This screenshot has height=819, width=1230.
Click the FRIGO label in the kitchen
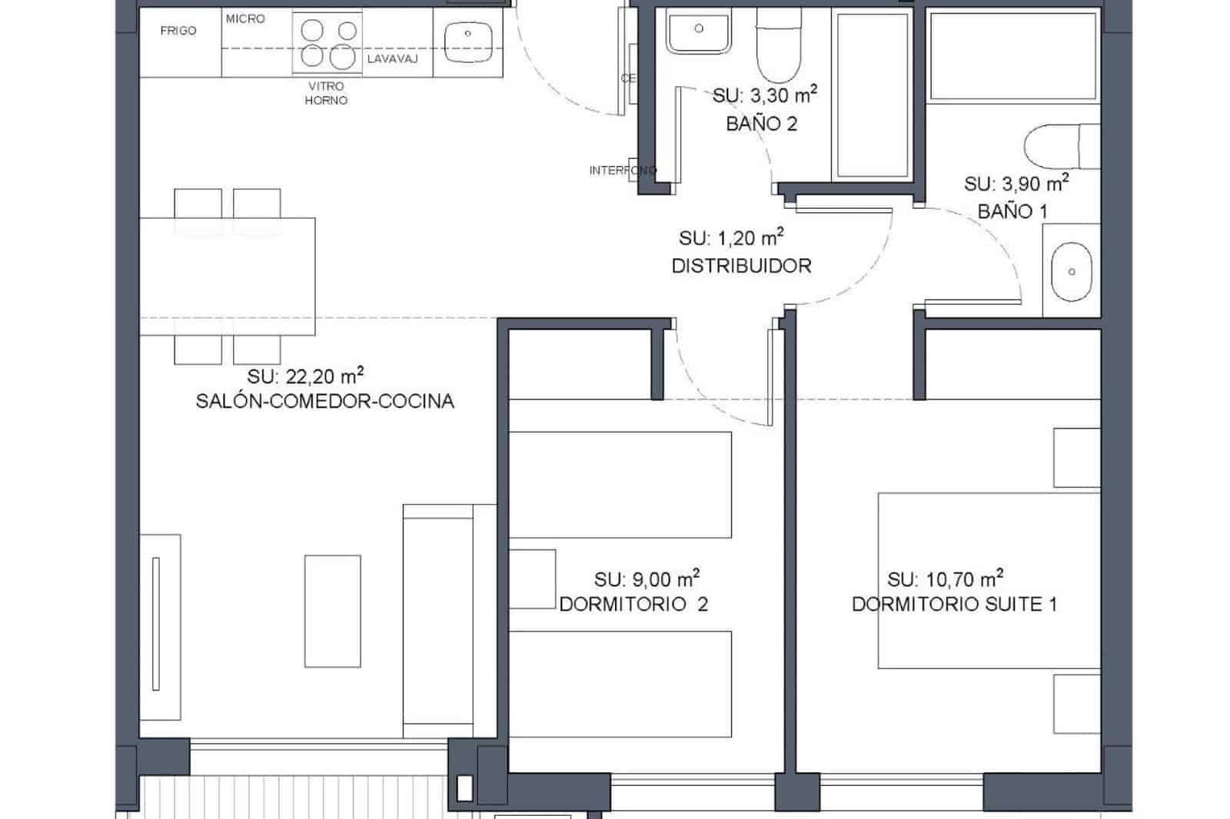(178, 31)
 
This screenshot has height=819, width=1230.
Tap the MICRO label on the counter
(245, 18)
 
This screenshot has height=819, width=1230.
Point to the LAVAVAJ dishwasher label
(392, 58)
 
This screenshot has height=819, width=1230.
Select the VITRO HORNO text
(326, 93)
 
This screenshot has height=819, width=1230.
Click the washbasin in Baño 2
(698, 31)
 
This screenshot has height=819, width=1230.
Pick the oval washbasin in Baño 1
(1071, 272)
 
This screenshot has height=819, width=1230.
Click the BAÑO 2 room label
(761, 124)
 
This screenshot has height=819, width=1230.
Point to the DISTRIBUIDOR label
(741, 266)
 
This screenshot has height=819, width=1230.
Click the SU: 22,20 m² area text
(305, 376)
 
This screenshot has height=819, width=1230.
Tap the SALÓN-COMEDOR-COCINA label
(324, 401)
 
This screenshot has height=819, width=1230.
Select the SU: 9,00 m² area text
(647, 579)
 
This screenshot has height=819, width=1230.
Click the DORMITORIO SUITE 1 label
(954, 604)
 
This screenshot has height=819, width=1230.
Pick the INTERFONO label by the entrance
(622, 170)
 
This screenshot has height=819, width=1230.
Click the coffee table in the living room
(332, 611)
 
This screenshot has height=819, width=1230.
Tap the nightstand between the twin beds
(532, 579)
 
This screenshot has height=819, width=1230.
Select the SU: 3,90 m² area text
(1016, 184)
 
